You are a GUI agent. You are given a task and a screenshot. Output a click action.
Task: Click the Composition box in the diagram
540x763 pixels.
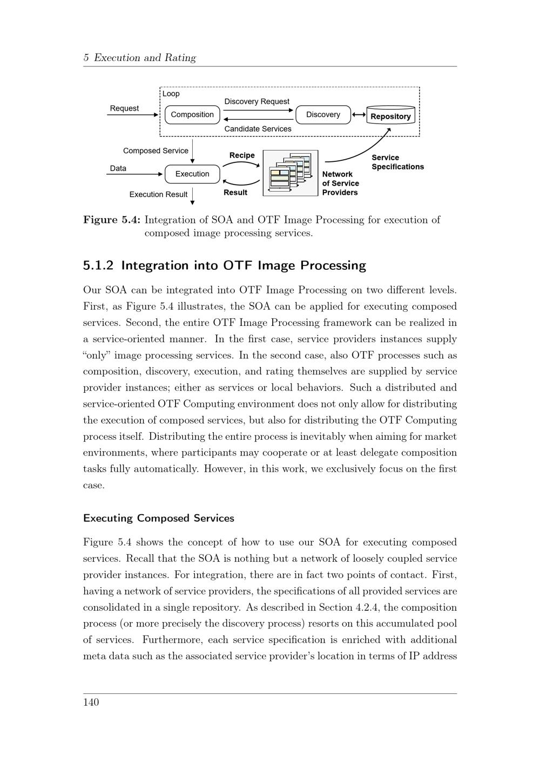click(192, 115)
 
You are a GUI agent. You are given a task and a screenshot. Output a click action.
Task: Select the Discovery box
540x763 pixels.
click(323, 115)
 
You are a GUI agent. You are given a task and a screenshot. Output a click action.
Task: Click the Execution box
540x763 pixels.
click(192, 174)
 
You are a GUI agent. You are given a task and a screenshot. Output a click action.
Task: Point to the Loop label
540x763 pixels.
click(171, 94)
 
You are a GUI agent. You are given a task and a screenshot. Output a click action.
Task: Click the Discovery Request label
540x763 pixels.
click(256, 101)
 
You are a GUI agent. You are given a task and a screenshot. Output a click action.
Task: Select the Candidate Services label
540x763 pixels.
click(258, 129)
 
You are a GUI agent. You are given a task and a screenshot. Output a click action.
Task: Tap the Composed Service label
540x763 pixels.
click(156, 151)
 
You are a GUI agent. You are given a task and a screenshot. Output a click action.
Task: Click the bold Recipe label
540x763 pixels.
click(242, 155)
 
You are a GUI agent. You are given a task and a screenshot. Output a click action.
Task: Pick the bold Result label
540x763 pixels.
click(235, 193)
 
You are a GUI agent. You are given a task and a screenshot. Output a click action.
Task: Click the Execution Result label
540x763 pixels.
click(158, 195)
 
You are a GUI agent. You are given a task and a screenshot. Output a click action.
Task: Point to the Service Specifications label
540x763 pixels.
click(397, 162)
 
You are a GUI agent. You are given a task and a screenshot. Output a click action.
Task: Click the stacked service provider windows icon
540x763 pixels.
click(291, 173)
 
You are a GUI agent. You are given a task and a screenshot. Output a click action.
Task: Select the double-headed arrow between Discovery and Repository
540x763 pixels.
click(359, 115)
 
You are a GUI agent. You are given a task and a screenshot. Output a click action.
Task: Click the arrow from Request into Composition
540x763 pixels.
click(133, 115)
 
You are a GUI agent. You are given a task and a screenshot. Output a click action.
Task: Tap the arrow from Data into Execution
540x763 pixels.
click(135, 174)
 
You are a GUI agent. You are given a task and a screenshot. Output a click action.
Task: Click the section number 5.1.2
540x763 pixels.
click(98, 265)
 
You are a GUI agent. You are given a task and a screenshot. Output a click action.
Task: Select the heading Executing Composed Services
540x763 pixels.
click(159, 519)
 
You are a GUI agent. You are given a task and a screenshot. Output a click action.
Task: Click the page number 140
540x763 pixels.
click(91, 702)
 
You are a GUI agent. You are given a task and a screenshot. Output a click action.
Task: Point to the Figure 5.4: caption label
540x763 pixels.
click(112, 220)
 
